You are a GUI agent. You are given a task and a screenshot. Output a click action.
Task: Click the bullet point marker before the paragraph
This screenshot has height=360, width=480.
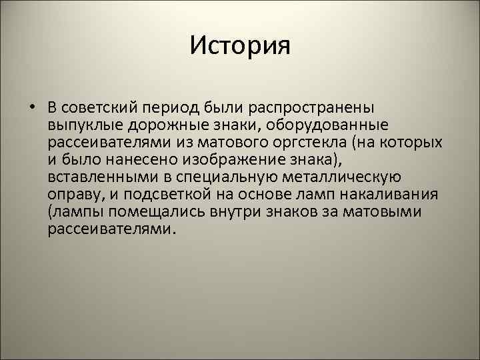[x=32, y=107]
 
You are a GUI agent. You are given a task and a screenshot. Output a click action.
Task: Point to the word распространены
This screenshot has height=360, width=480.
[x=308, y=107]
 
